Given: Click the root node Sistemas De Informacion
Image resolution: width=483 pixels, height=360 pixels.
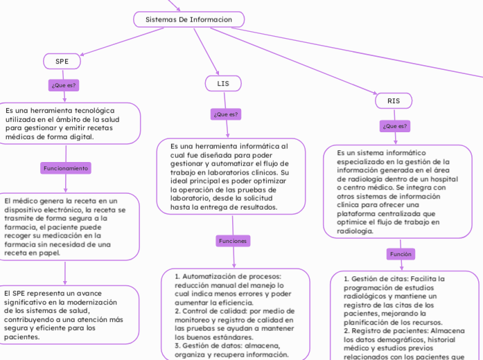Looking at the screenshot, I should (188, 19).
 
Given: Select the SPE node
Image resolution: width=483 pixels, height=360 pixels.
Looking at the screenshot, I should (62, 61).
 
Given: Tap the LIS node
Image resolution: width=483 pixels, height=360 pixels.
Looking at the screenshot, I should (223, 83).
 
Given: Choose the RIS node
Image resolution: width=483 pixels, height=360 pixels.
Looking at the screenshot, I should (394, 100).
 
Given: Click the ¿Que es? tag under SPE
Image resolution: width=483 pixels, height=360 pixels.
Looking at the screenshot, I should (63, 85).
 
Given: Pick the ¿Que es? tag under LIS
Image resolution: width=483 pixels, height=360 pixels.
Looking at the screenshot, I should (225, 114).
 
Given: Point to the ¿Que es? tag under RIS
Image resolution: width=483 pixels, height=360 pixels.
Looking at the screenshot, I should (395, 126).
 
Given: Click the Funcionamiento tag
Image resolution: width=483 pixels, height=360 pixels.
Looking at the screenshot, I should (66, 168).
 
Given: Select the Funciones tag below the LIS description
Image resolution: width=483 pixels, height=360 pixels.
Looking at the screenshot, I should (233, 241).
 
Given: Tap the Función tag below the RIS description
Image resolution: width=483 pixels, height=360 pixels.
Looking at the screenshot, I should (401, 254).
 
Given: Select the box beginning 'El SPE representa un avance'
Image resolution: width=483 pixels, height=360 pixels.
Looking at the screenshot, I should (64, 314).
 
